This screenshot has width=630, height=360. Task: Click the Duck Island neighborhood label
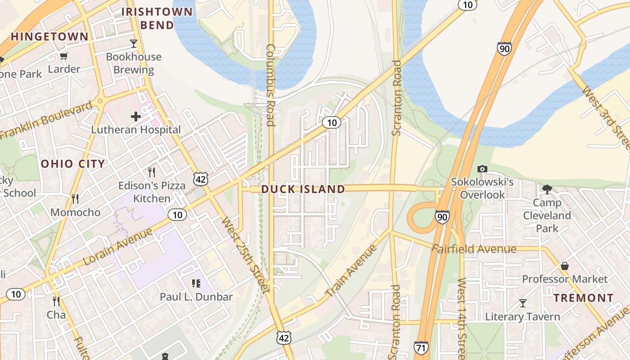pos(303,189)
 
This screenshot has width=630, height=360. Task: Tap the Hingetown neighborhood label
pos(49,37)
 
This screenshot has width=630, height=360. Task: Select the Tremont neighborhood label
pos(583,298)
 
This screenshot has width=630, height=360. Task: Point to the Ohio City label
pos(73,164)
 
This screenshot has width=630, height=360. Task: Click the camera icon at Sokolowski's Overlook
pos(482,169)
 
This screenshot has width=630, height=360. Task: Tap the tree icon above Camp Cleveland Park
pos(547,189)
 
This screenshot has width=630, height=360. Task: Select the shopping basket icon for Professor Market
pos(565,266)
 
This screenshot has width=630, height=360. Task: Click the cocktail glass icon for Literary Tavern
pos(522,303)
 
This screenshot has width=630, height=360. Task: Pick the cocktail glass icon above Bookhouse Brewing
pos(134,44)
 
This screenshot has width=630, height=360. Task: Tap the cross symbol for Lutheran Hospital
pos(136,117)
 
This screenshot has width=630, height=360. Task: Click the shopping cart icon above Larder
pos(64,56)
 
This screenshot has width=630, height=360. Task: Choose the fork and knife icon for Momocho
pos(75,198)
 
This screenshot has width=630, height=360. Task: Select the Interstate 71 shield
pos(421,347)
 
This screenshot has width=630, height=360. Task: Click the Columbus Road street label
pos(270,85)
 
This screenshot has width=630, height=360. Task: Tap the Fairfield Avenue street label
pos(474,249)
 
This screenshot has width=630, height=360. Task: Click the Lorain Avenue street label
pos(118,246)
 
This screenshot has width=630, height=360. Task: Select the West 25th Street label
pos(245,254)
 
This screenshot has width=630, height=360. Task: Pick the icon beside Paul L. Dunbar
pos(196,283)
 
